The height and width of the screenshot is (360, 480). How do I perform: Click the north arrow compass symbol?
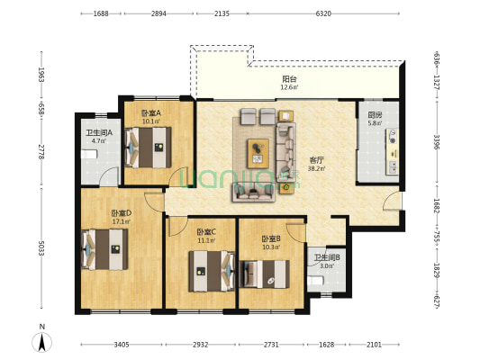42,342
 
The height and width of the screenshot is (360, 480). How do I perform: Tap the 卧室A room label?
151,113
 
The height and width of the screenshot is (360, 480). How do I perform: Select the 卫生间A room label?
99,133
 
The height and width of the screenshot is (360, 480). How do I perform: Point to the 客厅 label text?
316,160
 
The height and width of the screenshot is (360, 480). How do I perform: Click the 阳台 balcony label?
289,79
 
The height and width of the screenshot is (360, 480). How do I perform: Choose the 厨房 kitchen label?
375,115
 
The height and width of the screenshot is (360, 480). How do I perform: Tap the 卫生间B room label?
327,257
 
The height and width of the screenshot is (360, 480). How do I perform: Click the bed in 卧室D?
105,249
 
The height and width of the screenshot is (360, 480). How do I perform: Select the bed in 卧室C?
212,271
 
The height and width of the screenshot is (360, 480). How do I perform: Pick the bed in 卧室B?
265,274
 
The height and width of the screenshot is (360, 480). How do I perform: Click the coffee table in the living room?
258,154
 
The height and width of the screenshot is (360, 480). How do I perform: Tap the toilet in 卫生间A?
89,154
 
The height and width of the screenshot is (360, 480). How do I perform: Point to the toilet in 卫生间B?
315,281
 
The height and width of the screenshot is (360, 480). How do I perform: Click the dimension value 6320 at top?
323,13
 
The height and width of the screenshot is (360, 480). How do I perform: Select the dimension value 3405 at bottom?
122,345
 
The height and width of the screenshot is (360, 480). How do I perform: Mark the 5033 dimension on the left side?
41,248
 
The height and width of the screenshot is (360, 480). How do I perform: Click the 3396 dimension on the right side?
437,142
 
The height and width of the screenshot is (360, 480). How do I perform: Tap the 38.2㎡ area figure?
316,168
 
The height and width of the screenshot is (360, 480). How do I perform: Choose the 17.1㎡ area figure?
122,221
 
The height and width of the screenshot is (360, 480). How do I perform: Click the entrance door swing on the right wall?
391,201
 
